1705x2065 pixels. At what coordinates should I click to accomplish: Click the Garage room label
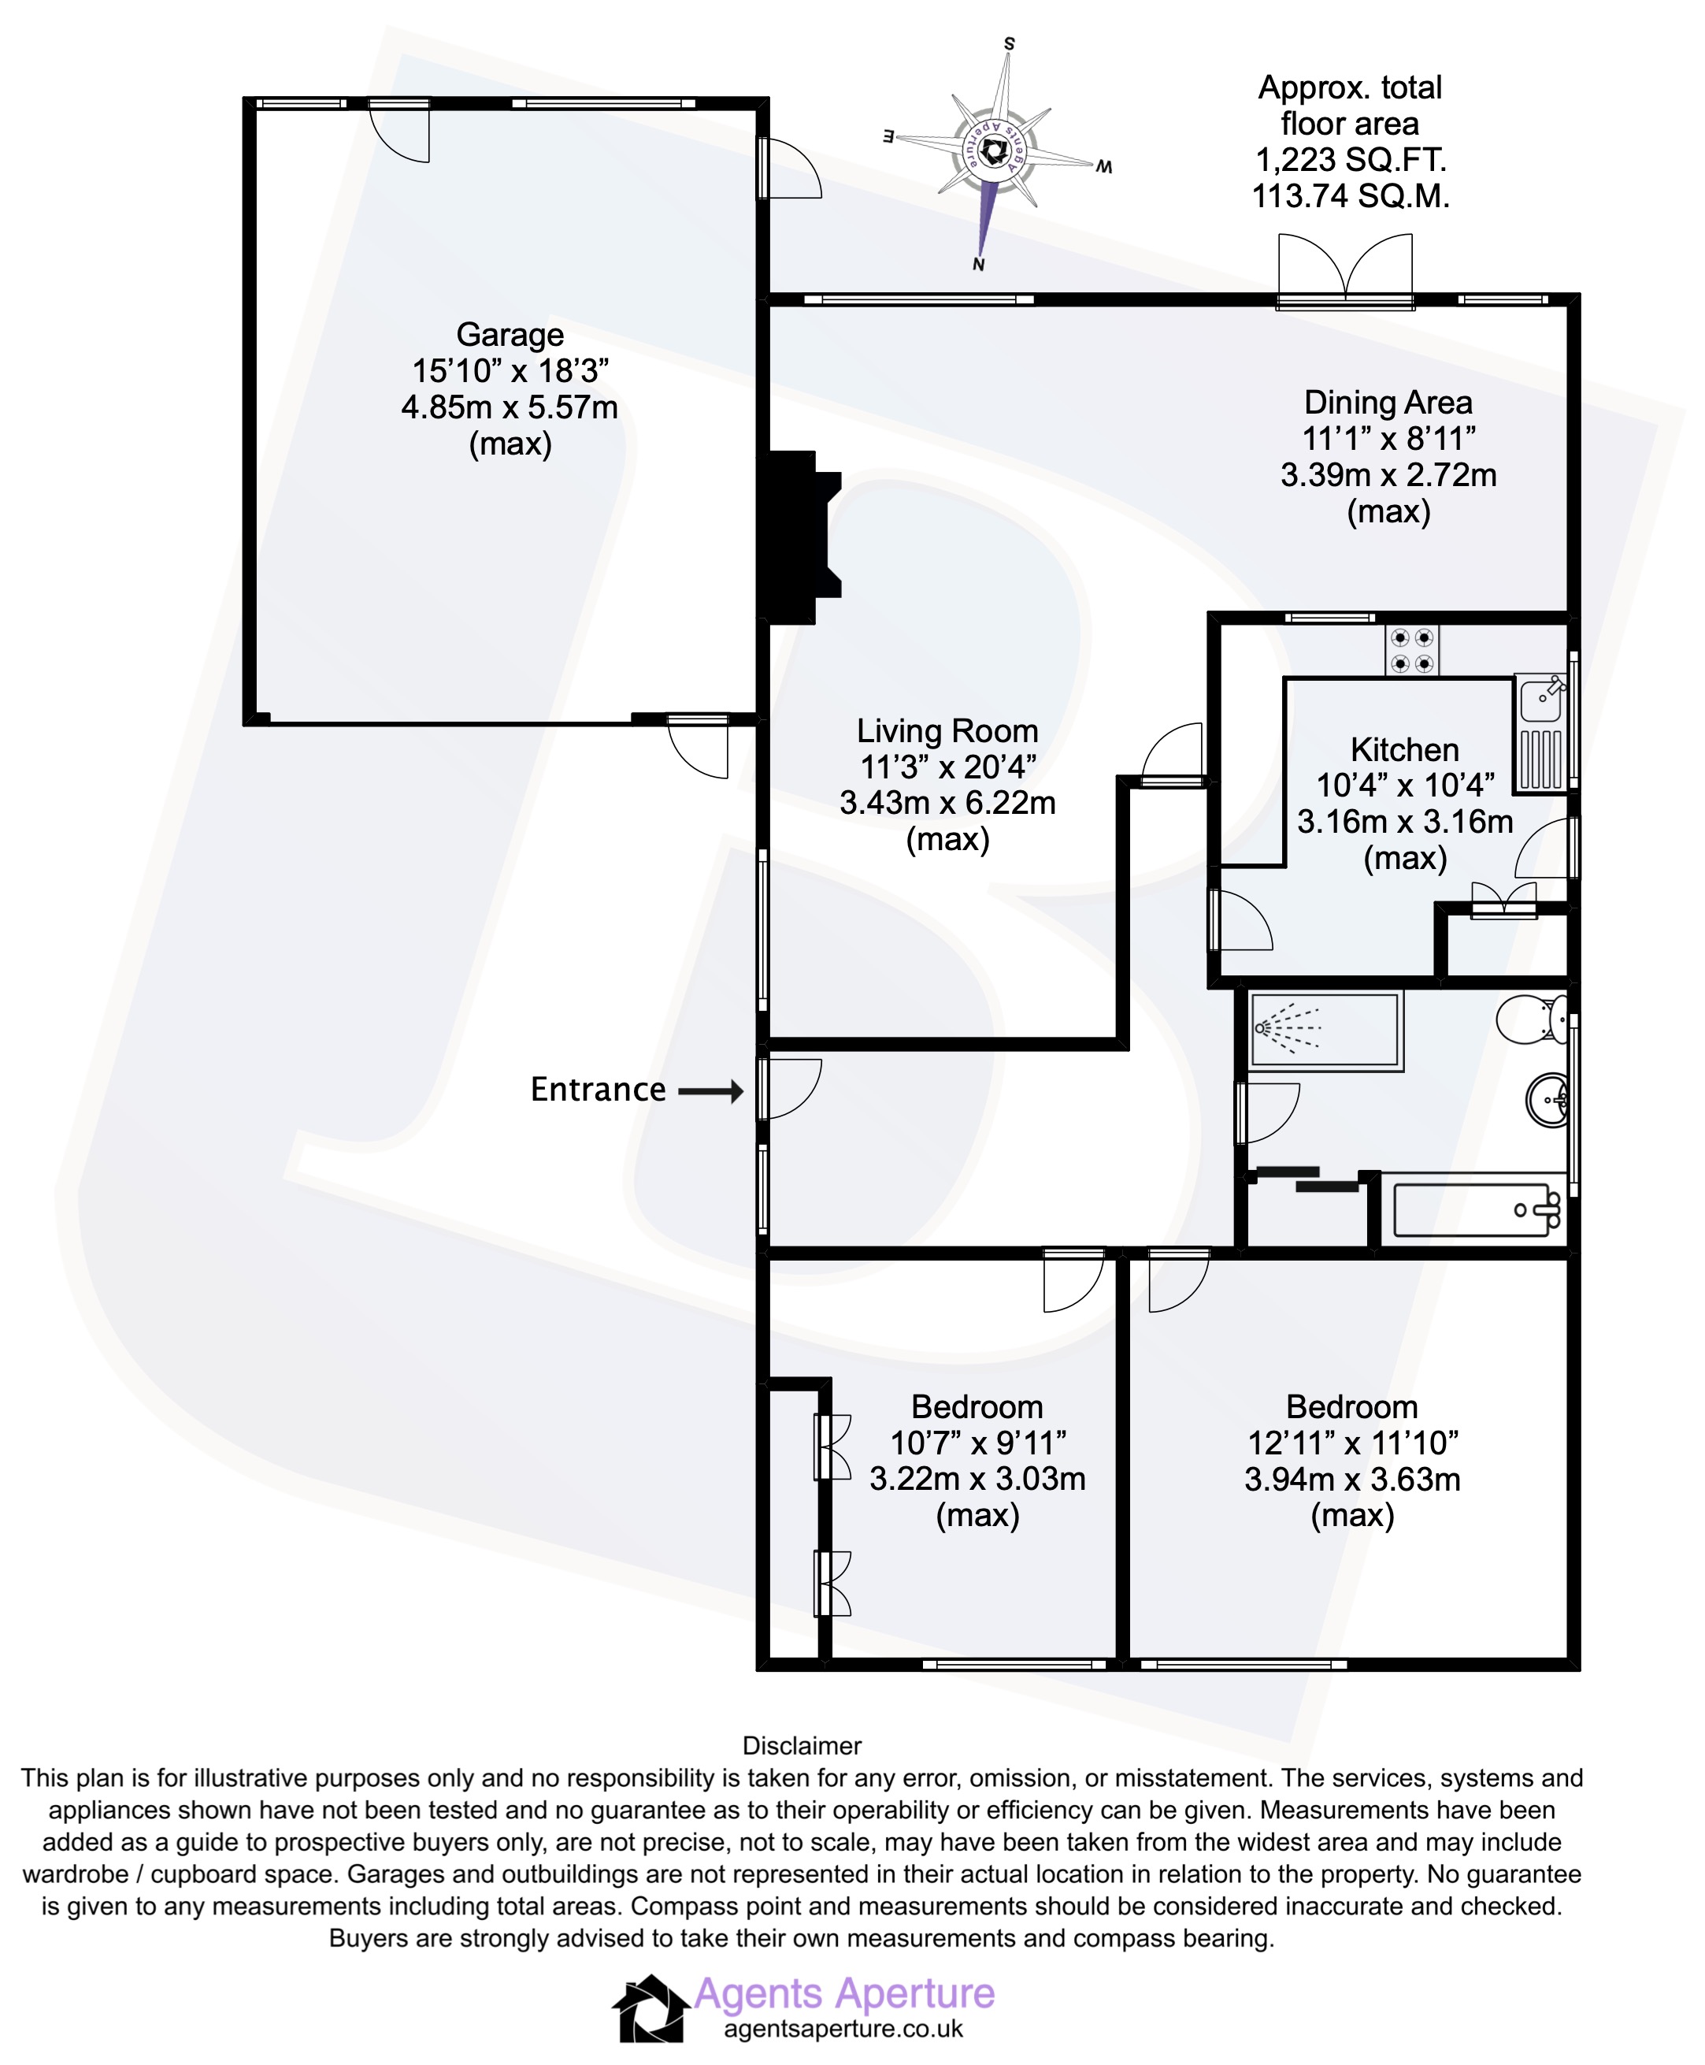510,335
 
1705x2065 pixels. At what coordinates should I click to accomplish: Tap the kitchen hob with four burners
1411,650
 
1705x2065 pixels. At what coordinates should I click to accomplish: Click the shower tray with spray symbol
1324,1030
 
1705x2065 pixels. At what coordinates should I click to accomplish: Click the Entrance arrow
711,1091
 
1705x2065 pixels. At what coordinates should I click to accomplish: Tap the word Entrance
597,1090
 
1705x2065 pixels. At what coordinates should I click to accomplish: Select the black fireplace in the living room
799,537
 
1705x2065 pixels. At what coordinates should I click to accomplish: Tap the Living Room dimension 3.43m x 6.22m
947,803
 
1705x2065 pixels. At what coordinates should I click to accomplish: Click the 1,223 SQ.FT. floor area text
1351,160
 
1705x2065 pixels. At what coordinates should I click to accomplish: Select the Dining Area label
1388,403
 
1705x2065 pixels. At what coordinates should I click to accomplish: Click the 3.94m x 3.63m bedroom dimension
1351,1479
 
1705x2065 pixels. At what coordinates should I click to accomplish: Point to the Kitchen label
1404,749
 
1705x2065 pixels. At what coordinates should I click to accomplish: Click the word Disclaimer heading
802,1746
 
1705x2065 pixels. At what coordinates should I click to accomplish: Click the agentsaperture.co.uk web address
843,2029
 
